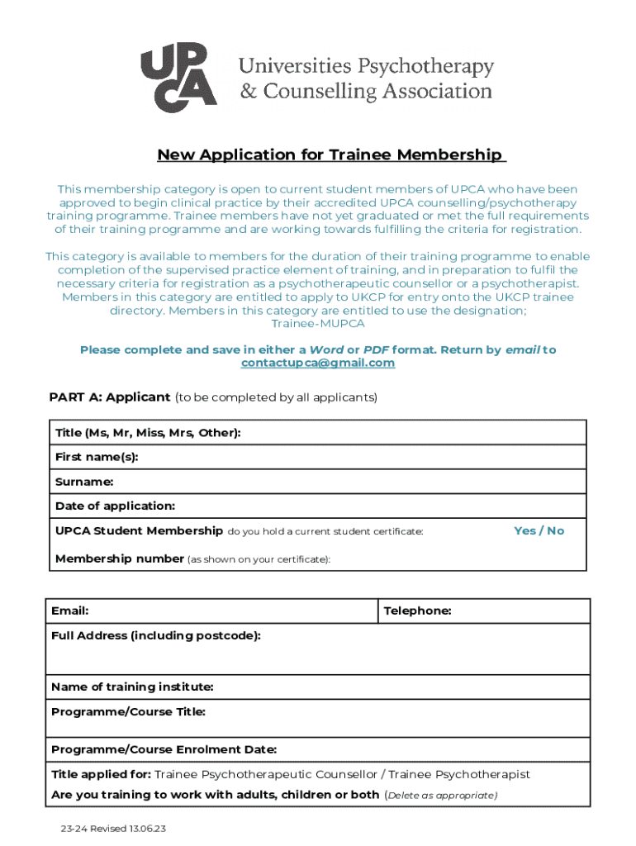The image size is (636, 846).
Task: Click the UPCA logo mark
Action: pyautogui.click(x=178, y=78)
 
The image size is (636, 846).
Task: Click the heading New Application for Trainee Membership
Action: pyautogui.click(x=330, y=155)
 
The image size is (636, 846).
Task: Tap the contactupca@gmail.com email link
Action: pyautogui.click(x=318, y=364)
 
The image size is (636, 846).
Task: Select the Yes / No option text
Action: pyautogui.click(x=539, y=531)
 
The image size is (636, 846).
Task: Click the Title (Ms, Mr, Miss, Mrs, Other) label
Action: pyautogui.click(x=148, y=433)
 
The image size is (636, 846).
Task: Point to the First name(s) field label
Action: pyautogui.click(x=97, y=457)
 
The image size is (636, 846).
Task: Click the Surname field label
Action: pyautogui.click(x=84, y=482)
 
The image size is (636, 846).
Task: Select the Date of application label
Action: pyautogui.click(x=115, y=506)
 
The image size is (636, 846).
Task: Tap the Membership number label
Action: pyautogui.click(x=120, y=559)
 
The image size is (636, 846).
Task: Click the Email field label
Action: pyautogui.click(x=70, y=611)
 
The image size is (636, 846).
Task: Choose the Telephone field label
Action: pyautogui.click(x=417, y=611)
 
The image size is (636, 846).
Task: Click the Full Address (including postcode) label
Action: pyautogui.click(x=156, y=636)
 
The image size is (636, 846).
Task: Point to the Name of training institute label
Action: pyautogui.click(x=132, y=687)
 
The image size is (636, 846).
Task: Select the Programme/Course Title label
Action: pyautogui.click(x=128, y=712)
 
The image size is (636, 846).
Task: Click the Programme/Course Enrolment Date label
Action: pyautogui.click(x=164, y=750)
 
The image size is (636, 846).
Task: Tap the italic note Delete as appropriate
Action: pyautogui.click(x=441, y=796)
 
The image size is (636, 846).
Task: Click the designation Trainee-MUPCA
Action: pyautogui.click(x=318, y=324)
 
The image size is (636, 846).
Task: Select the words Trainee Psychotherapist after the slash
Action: pyautogui.click(x=459, y=775)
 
